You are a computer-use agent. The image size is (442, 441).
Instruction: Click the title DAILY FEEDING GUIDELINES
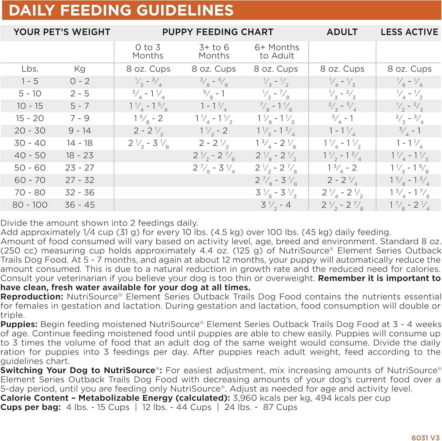[121, 10]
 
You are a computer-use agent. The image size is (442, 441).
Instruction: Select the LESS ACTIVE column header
[409, 32]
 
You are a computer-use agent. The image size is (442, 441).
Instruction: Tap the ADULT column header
[342, 32]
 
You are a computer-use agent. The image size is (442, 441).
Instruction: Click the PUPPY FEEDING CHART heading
[218, 32]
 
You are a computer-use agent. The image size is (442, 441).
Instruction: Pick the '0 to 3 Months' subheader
[148, 52]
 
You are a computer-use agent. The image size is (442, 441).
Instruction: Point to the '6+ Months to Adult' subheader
[277, 52]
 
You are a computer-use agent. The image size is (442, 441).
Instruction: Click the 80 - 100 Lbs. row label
[30, 205]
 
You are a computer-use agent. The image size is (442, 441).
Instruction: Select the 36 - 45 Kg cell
[80, 205]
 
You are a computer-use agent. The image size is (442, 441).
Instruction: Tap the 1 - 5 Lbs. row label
[30, 81]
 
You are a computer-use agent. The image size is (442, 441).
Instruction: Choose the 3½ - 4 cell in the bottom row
[276, 205]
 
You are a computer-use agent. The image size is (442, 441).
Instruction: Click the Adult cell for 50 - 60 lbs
[342, 168]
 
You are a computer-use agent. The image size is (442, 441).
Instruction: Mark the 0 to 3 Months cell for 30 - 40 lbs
[148, 143]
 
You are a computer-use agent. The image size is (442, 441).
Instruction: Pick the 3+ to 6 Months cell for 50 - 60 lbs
[214, 168]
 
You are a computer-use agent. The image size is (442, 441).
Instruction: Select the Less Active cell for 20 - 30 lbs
[410, 131]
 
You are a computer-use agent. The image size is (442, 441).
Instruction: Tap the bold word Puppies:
[19, 324]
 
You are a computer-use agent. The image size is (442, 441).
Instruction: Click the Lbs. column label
[30, 69]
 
